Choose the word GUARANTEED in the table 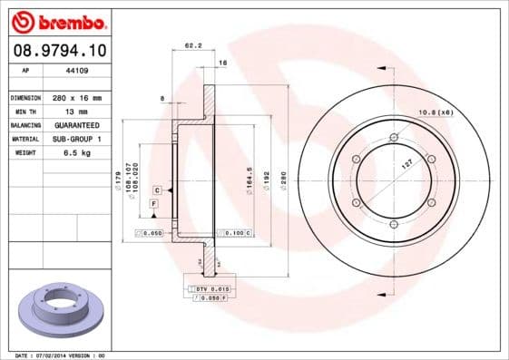76,124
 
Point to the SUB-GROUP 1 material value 76,139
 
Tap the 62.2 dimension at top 192,45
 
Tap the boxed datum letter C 157,190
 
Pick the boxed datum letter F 153,206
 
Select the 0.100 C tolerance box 234,233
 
